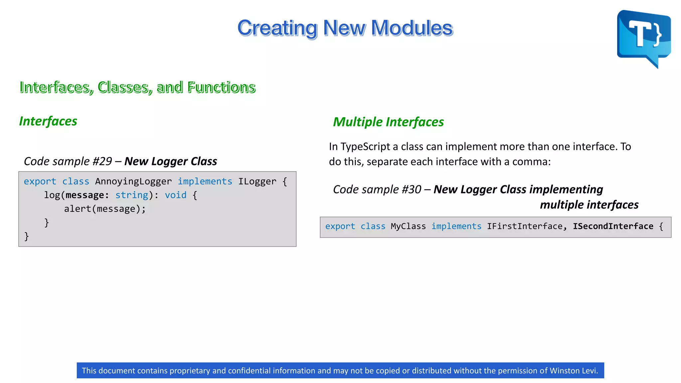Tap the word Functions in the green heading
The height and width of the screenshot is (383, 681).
pyautogui.click(x=221, y=87)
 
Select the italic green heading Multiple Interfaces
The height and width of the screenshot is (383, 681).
pyautogui.click(x=388, y=122)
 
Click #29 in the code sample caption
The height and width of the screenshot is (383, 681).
pyautogui.click(x=102, y=162)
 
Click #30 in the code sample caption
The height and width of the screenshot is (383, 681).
pyautogui.click(x=411, y=190)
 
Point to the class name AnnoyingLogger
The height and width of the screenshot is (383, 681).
pyautogui.click(x=133, y=182)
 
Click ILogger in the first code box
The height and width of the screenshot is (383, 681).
pyautogui.click(x=257, y=182)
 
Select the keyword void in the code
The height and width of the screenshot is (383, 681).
pyautogui.click(x=176, y=195)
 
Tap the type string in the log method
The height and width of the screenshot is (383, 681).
pyautogui.click(x=132, y=195)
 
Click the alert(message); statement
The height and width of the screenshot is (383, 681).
pyautogui.click(x=105, y=209)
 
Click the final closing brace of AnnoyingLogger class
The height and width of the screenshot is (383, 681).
pyautogui.click(x=27, y=236)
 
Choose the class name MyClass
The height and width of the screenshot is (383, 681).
pyautogui.click(x=408, y=226)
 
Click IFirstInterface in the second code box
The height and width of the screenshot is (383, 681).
pyautogui.click(x=524, y=226)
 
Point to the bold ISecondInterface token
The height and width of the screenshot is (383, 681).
pyautogui.click(x=613, y=226)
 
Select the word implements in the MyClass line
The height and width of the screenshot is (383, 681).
pyautogui.click(x=456, y=226)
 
